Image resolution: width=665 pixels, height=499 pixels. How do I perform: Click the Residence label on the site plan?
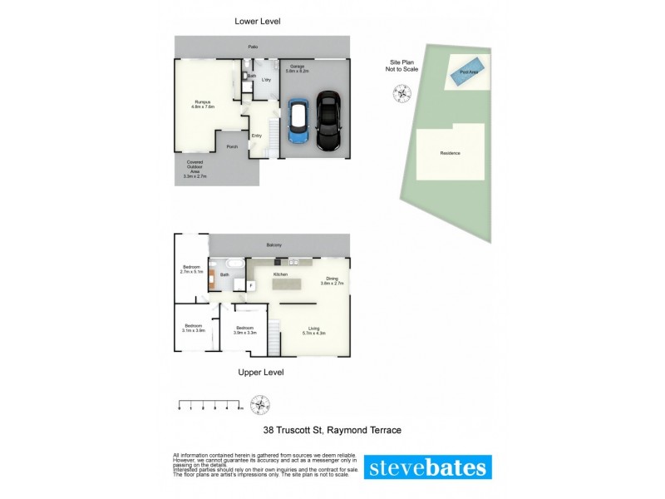pos(450,153)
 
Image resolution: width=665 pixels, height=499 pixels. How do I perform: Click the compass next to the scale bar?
pos(262,406)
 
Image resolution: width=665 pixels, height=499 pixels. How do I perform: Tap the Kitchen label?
pos(280,274)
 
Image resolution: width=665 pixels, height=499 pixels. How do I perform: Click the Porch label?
pos(232,147)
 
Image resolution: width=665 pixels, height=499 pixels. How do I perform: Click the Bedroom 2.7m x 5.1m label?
pos(192,269)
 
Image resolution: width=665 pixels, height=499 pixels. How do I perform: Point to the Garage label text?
pos(298,68)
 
